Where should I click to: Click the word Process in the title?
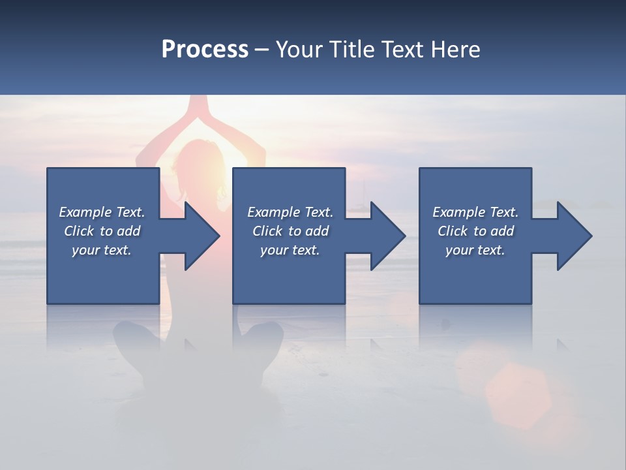(x=205, y=50)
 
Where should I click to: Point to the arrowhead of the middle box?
(x=387, y=236)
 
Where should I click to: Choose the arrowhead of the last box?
(x=573, y=236)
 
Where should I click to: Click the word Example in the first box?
(x=86, y=212)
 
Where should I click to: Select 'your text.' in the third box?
(x=475, y=250)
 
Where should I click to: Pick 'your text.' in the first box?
(x=102, y=250)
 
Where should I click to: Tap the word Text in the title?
(x=400, y=50)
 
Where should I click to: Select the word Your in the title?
(x=298, y=50)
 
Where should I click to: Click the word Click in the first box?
(x=78, y=231)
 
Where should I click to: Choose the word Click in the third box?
(x=452, y=231)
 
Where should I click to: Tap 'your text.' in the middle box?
(x=290, y=250)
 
